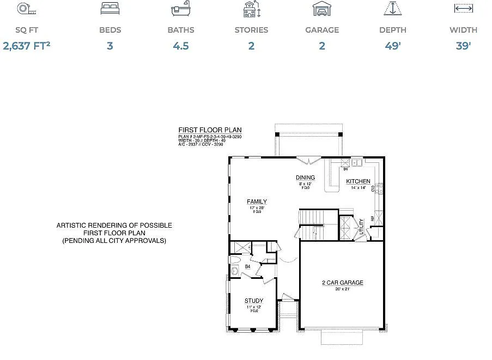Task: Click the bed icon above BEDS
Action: click(x=110, y=9)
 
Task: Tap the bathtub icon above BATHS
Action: click(x=180, y=9)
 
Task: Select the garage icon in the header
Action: click(x=321, y=9)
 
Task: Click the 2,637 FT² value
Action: click(x=27, y=46)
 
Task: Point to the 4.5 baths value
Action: click(x=181, y=46)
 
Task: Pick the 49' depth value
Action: click(x=393, y=46)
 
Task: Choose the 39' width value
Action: click(x=463, y=46)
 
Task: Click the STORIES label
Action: click(x=251, y=30)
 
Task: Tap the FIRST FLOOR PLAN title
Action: click(x=210, y=130)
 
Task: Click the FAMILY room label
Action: click(x=257, y=202)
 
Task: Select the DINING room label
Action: click(x=305, y=178)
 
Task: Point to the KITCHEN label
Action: click(x=358, y=181)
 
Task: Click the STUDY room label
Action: click(x=254, y=301)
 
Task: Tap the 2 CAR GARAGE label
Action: click(x=343, y=283)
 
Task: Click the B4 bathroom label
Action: click(x=247, y=267)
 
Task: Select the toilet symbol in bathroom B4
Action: click(x=235, y=270)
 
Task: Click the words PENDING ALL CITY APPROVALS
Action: click(x=114, y=240)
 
